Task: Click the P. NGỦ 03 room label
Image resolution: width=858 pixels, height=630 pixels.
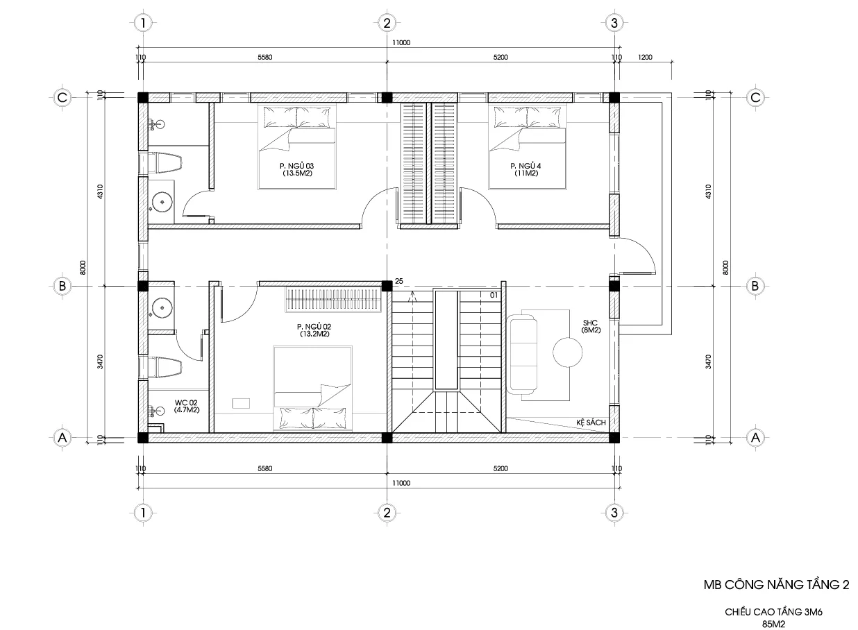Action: (297, 169)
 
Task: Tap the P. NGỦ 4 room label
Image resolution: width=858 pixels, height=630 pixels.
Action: (525, 169)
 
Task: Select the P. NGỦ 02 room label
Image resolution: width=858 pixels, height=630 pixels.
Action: (314, 330)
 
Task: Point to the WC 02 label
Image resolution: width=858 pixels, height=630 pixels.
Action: (186, 406)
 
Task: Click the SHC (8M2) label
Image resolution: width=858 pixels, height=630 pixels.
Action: (591, 326)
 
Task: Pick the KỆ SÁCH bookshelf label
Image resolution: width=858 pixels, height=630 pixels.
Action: (591, 422)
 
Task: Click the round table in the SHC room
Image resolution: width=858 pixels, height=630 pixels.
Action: (567, 352)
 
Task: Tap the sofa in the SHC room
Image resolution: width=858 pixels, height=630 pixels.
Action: (523, 354)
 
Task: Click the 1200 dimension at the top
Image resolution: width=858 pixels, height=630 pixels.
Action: (645, 57)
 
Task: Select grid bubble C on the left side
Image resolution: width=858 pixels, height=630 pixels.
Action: (62, 98)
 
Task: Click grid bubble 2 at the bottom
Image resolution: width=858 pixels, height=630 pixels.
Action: (387, 513)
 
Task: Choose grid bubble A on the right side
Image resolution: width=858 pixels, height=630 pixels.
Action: (755, 437)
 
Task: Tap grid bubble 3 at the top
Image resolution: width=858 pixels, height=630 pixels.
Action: (614, 23)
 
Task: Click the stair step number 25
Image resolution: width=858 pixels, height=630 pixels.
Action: (398, 281)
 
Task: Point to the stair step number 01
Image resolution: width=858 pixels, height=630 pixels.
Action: (494, 295)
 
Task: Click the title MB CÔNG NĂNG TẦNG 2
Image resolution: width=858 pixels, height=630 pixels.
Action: (776, 584)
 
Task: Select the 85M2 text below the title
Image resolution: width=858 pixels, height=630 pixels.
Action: (774, 624)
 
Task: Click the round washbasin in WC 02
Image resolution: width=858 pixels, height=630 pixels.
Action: (162, 308)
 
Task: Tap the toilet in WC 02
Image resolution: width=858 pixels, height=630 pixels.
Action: (165, 366)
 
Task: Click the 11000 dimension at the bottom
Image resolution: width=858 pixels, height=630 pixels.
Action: (401, 483)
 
